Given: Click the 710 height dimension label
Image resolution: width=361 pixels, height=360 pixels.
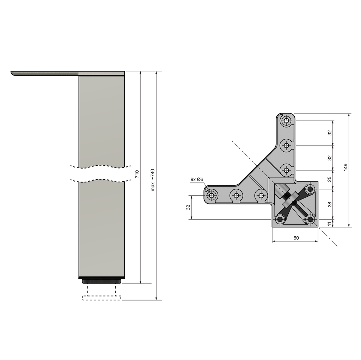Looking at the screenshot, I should [x=137, y=174].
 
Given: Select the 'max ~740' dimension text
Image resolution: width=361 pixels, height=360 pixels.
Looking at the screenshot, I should [x=153, y=180].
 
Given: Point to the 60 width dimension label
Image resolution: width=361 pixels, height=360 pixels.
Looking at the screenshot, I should [x=296, y=238].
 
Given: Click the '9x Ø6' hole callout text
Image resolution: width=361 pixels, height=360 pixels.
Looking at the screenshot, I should [x=196, y=179].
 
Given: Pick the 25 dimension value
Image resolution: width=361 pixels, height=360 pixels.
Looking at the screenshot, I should [x=330, y=179].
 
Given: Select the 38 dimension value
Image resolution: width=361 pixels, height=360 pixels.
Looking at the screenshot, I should [x=330, y=204].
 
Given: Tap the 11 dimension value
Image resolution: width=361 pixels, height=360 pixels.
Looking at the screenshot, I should [x=330, y=223].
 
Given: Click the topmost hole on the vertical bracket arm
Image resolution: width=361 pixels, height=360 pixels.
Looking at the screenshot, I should [x=286, y=121].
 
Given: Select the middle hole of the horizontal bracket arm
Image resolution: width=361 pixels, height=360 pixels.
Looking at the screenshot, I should [x=236, y=195].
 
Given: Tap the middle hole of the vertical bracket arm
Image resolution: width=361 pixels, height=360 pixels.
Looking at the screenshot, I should [x=286, y=145].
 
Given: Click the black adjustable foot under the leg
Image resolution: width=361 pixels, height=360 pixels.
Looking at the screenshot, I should [x=102, y=281].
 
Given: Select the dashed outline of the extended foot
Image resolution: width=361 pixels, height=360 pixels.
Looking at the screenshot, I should [x=102, y=298].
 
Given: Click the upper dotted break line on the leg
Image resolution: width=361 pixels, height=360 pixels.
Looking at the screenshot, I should [x=100, y=166].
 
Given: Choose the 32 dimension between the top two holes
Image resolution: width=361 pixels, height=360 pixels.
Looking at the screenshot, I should [x=330, y=133].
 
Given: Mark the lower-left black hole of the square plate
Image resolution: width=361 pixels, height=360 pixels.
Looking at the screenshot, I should [x=280, y=219].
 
